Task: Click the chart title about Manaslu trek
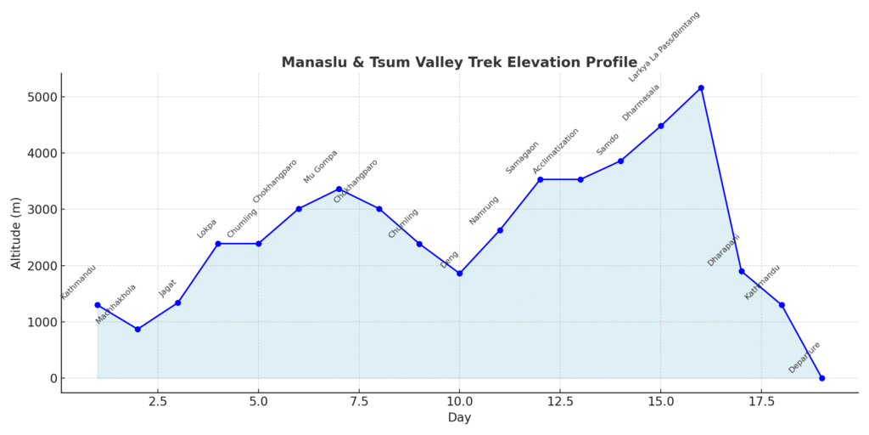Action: click(x=459, y=62)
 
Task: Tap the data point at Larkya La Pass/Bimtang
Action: click(x=701, y=88)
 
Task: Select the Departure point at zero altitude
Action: click(x=821, y=378)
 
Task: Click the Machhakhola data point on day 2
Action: click(x=137, y=330)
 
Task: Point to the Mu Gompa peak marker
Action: click(x=339, y=189)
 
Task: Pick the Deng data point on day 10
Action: click(x=459, y=274)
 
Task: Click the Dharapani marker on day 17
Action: click(x=741, y=271)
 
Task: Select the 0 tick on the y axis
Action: click(x=51, y=378)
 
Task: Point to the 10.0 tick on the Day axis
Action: click(x=459, y=401)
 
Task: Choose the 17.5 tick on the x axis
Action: click(x=761, y=401)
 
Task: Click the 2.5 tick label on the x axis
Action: click(x=157, y=401)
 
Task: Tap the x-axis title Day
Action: click(x=459, y=418)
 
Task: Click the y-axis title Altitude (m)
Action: click(x=16, y=232)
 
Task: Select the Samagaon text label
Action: click(x=522, y=157)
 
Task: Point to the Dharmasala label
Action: click(x=641, y=102)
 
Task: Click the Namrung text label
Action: click(x=484, y=210)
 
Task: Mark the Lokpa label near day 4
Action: click(x=207, y=229)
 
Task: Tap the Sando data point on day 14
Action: click(x=620, y=161)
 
